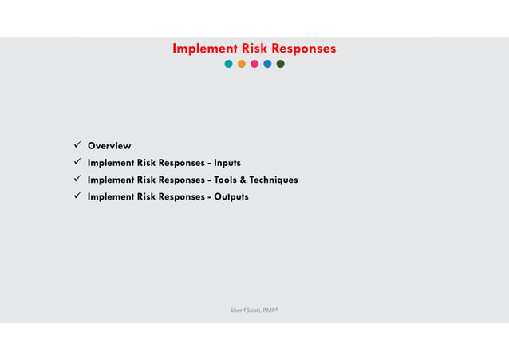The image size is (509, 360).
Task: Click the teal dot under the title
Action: click(x=229, y=64)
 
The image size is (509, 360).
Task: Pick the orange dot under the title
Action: click(x=242, y=64)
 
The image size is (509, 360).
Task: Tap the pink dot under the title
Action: click(x=254, y=64)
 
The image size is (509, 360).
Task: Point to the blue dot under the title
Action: click(x=267, y=64)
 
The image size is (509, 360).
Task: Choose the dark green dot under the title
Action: click(x=280, y=64)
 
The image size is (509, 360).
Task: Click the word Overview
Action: click(x=109, y=146)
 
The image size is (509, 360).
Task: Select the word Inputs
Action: click(x=227, y=163)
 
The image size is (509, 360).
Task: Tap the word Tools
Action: click(x=227, y=180)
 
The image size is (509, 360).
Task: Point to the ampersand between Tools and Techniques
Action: click(x=246, y=180)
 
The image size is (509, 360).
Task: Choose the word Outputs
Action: click(x=231, y=196)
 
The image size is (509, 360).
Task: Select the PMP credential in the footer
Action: click(x=270, y=307)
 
